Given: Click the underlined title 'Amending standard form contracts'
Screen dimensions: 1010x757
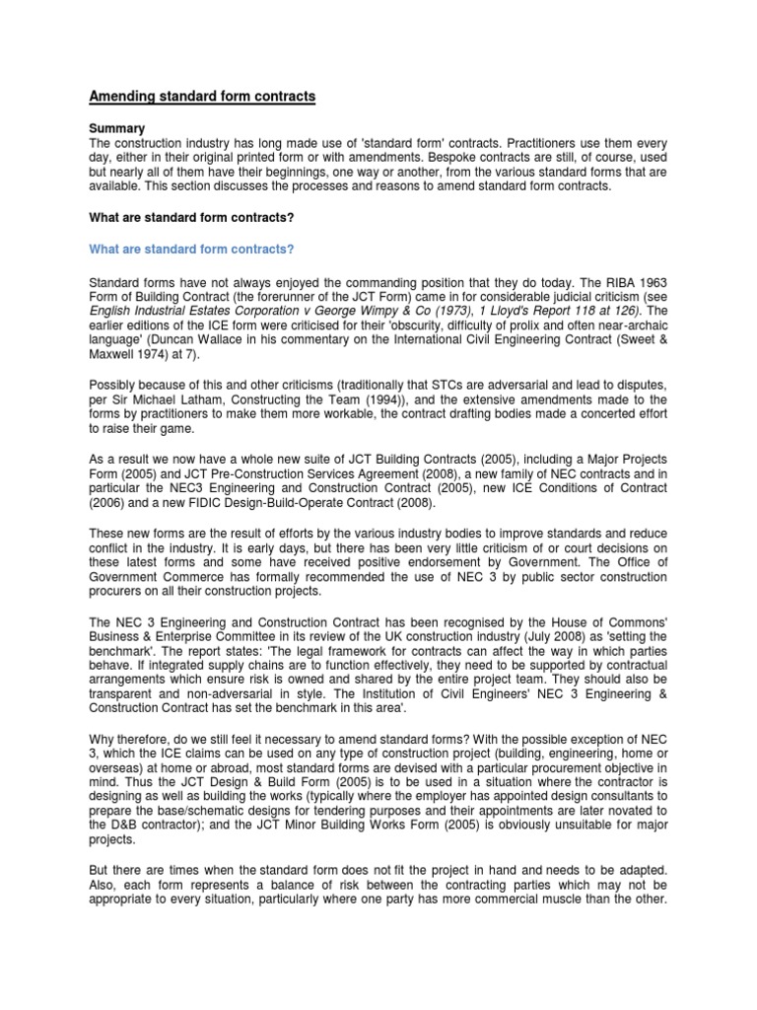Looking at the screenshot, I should coord(203,97).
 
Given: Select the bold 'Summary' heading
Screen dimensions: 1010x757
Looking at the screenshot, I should coord(117,128).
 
